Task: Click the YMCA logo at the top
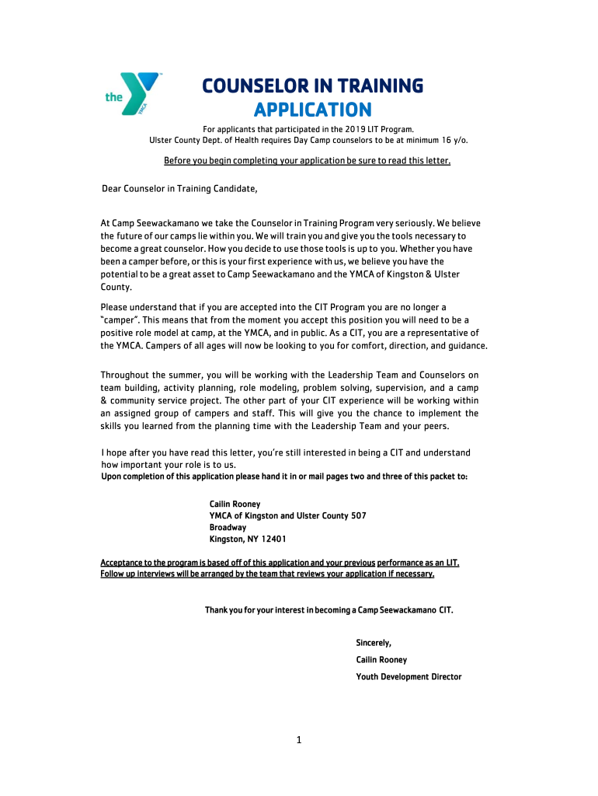coord(134,95)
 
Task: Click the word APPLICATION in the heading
coord(313,109)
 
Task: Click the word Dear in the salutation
coord(113,188)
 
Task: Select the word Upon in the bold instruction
coord(112,476)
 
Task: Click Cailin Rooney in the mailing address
coord(235,504)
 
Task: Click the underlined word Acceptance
coord(126,563)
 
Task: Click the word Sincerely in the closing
coord(373,643)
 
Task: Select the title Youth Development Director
coord(409,677)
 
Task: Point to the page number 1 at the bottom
coord(298,740)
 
